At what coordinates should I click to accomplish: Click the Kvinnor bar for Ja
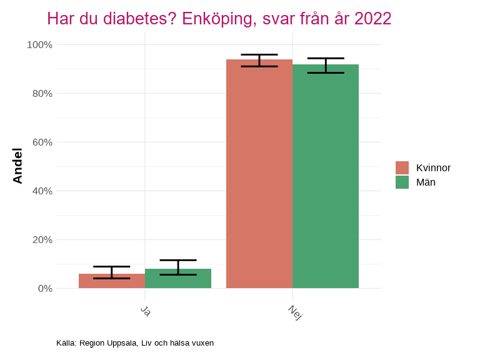point(112,281)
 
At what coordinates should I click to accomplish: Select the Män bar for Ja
point(178,279)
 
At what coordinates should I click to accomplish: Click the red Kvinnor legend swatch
point(402,167)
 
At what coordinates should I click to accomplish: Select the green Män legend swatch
point(402,182)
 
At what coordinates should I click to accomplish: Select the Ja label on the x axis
point(146,311)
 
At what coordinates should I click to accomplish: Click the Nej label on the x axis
point(295,312)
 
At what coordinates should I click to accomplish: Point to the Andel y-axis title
point(17,166)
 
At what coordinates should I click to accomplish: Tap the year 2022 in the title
point(372,19)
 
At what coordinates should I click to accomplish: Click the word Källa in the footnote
point(66,342)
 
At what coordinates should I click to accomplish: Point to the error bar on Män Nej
point(325,66)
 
